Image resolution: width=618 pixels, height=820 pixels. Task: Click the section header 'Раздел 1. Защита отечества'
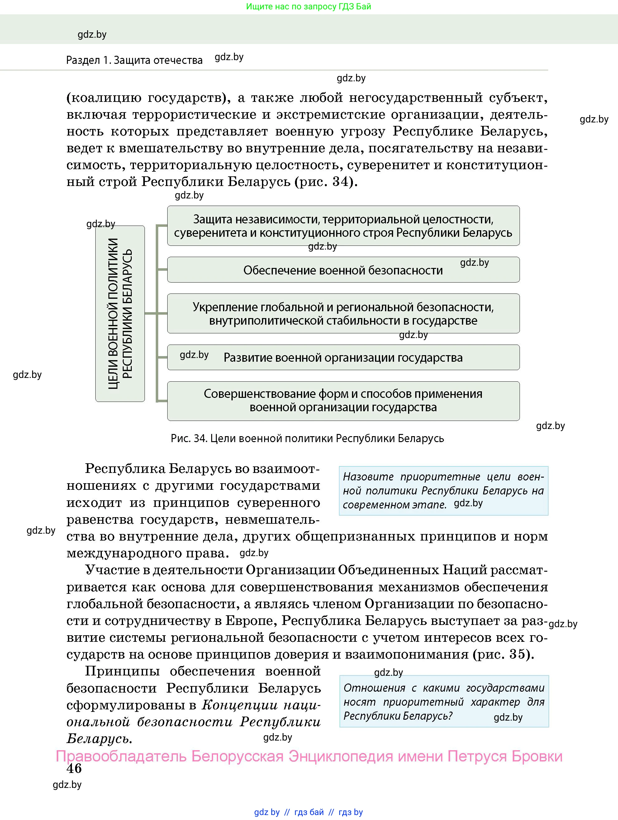pyautogui.click(x=134, y=60)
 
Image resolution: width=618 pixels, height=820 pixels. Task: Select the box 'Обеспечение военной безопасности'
pyautogui.click(x=343, y=270)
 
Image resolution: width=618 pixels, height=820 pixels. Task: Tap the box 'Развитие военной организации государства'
pyautogui.click(x=343, y=357)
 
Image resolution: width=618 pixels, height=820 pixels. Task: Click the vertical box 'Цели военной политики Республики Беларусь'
pyautogui.click(x=120, y=314)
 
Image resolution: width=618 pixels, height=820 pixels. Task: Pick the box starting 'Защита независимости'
pyautogui.click(x=343, y=226)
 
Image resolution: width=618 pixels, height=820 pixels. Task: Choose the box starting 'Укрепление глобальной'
pyautogui.click(x=343, y=314)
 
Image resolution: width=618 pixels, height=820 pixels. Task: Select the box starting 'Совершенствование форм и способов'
pyautogui.click(x=343, y=401)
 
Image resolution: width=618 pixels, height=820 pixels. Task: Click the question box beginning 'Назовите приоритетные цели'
pyautogui.click(x=443, y=490)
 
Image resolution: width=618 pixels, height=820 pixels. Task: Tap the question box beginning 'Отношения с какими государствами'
pyautogui.click(x=444, y=701)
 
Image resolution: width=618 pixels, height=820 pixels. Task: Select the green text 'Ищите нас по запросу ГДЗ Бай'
pyautogui.click(x=308, y=7)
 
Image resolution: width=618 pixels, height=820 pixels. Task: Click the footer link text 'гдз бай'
pyautogui.click(x=308, y=812)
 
